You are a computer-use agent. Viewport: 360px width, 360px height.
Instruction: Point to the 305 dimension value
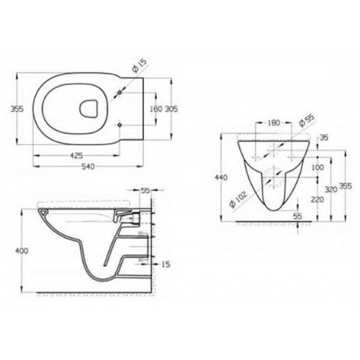171,109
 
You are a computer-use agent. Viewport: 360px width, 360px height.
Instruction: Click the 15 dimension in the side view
166,265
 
